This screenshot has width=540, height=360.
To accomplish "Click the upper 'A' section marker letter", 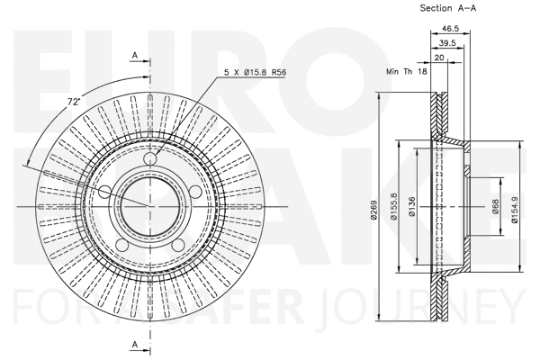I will tap(134, 56).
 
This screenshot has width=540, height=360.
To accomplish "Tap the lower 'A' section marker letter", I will tap(134, 344).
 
